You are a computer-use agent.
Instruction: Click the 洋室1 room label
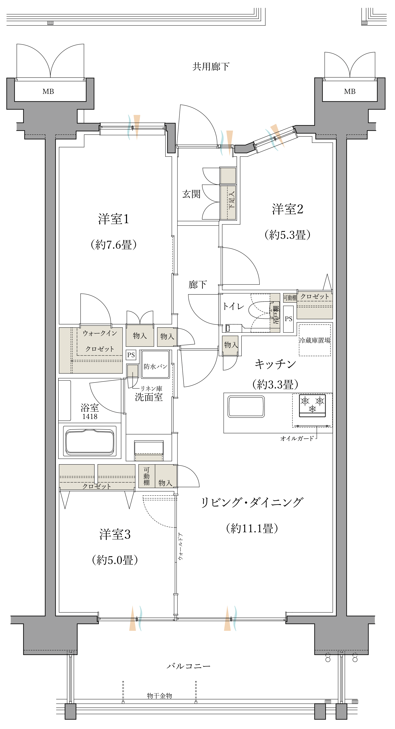pos(114,219)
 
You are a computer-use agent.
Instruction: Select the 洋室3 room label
pos(115,534)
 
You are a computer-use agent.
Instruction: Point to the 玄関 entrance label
pos(191,194)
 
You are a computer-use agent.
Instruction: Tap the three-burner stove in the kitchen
pos(312,406)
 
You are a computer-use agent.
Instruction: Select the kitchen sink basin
pos(246,407)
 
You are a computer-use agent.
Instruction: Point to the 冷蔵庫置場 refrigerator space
pos(315,340)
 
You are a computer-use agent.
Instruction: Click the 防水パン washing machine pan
pos(155,364)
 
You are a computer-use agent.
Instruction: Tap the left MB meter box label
pos(48,91)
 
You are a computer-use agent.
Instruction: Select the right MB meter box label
pos(350,91)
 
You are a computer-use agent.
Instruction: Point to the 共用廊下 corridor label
pos(211,67)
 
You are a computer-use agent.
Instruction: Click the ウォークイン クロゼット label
pos(100,341)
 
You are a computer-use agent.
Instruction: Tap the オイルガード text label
pos(297,438)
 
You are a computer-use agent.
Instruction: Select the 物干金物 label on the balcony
pos(159,696)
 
